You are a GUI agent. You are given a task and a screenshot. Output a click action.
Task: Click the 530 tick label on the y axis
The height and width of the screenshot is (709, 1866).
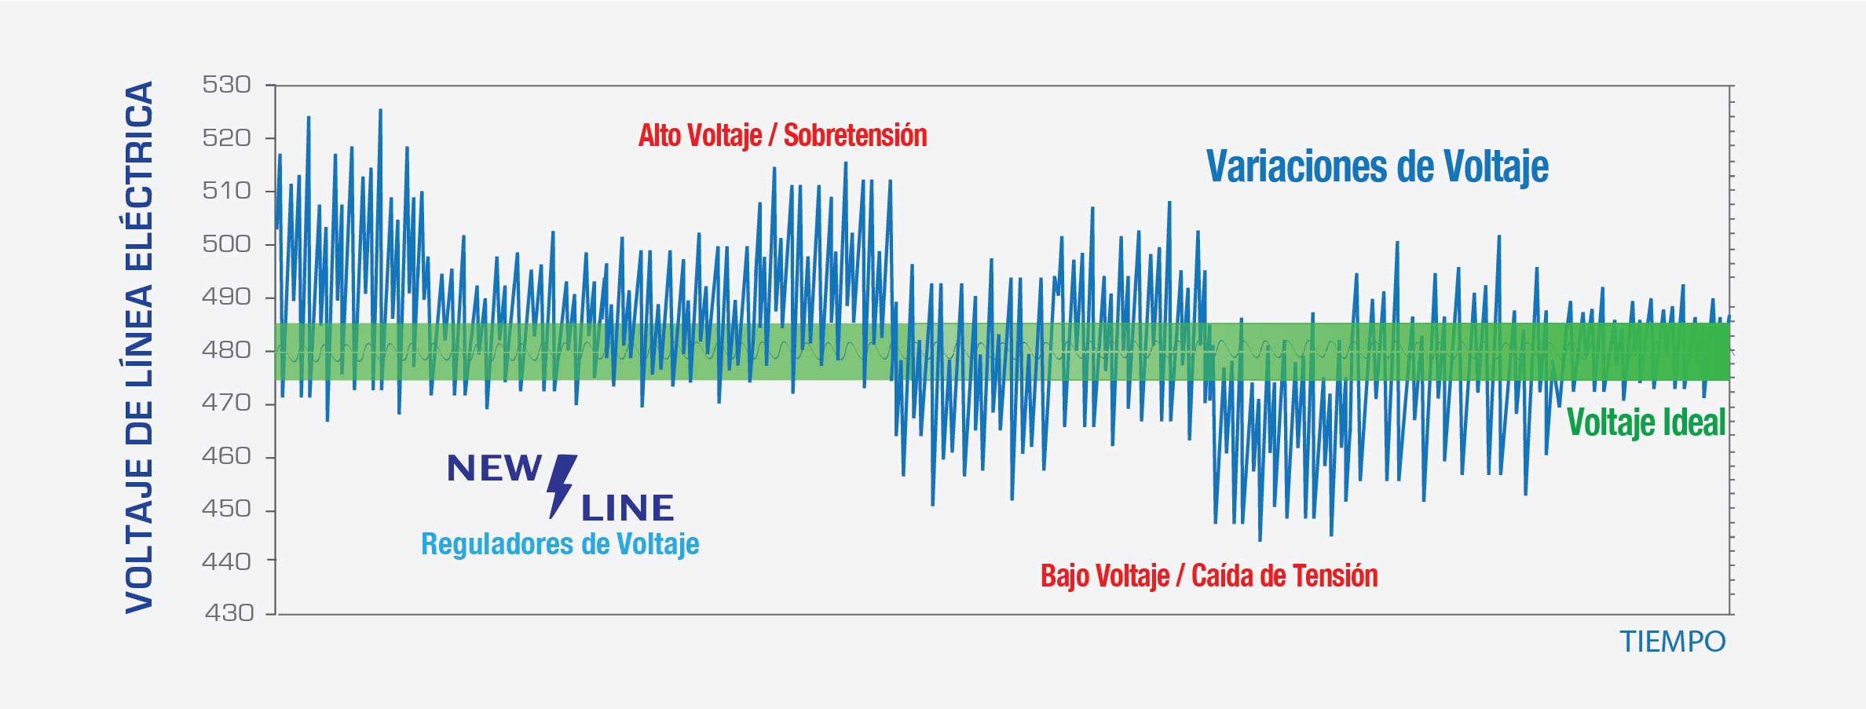click(x=226, y=85)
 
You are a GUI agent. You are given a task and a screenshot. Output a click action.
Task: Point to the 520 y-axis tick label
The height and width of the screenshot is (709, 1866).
click(x=226, y=138)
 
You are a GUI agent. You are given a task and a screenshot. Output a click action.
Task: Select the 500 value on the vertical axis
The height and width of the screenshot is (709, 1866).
click(x=226, y=244)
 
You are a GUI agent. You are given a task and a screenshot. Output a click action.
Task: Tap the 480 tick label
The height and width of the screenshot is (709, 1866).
click(x=226, y=350)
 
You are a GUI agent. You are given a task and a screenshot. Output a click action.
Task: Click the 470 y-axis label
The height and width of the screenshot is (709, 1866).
click(x=226, y=403)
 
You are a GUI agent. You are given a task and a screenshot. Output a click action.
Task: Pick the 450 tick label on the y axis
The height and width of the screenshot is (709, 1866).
click(x=226, y=509)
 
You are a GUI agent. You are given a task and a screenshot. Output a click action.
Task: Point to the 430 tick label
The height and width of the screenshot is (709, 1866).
click(x=229, y=612)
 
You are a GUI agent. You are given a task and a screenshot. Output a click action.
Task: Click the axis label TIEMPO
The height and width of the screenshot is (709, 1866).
click(x=1672, y=642)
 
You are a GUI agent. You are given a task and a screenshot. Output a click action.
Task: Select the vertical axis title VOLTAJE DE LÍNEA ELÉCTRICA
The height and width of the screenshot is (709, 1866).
click(x=140, y=347)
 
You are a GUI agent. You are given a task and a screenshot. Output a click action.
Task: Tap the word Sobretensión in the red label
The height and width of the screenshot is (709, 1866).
click(x=855, y=136)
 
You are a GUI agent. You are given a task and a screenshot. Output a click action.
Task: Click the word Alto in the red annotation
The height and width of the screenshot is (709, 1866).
click(x=659, y=136)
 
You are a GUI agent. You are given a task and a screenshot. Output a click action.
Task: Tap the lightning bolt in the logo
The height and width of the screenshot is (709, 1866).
click(x=561, y=485)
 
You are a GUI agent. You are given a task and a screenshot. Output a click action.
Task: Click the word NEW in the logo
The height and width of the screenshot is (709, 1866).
click(x=494, y=469)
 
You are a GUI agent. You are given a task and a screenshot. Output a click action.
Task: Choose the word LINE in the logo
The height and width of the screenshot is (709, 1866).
click(x=627, y=509)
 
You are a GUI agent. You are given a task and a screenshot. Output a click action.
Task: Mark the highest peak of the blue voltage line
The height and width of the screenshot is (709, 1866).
click(x=381, y=111)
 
